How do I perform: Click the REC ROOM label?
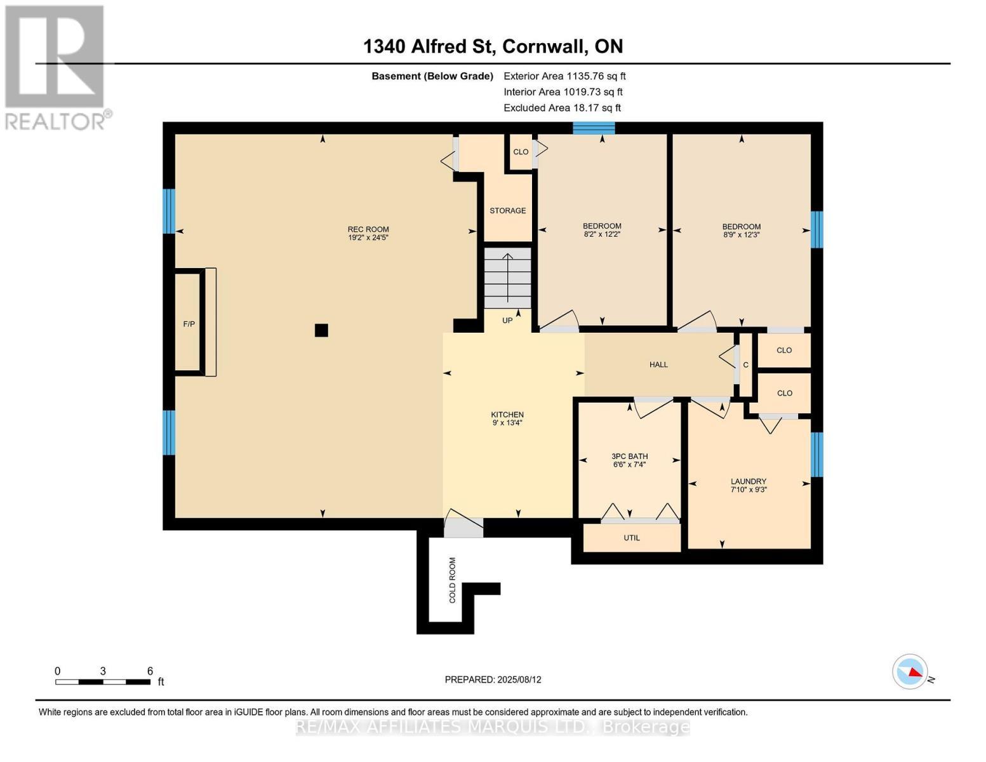368,229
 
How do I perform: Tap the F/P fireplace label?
189,324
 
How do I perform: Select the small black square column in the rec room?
321,330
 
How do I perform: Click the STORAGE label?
508,211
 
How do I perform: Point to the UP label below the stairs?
507,321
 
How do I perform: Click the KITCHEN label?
507,415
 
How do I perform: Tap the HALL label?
658,364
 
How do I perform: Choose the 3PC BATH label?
629,456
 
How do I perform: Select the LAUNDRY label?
749,481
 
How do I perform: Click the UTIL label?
632,538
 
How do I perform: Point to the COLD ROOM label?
453,580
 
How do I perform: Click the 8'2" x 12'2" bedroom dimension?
602,234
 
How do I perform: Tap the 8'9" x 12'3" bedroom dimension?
742,235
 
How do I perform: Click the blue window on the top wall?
594,128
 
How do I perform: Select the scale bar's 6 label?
150,671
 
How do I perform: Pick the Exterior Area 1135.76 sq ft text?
564,76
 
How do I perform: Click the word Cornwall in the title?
543,46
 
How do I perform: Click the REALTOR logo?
57,68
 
